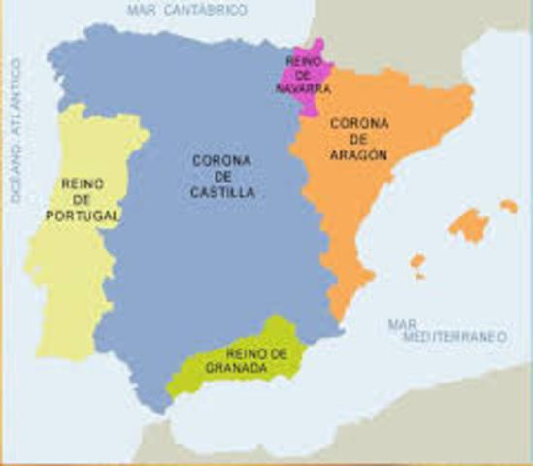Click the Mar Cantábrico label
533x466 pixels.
[187, 10]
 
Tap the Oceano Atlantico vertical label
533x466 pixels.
[17, 130]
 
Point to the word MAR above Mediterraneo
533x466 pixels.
[402, 324]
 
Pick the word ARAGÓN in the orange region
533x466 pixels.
[359, 155]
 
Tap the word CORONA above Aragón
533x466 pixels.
[359, 124]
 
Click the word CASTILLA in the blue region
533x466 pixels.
[223, 193]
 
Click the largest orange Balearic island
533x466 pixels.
[468, 225]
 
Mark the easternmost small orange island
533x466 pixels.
[509, 206]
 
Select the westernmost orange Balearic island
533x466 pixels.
[417, 262]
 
